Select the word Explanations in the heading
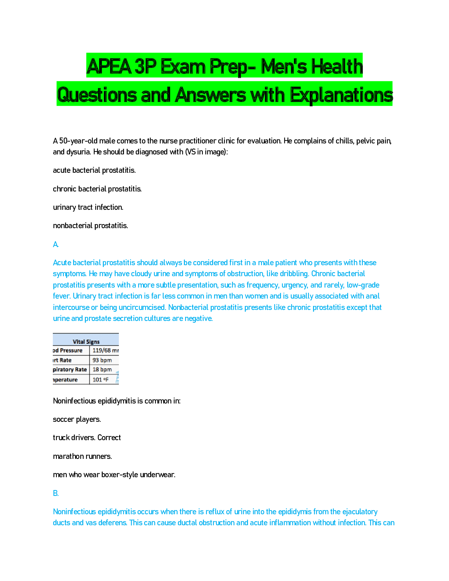(341, 95)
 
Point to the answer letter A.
(56, 244)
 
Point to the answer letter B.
(56, 493)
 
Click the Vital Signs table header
(86, 341)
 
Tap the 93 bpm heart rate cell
(102, 360)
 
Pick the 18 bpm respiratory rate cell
(102, 369)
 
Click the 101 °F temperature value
(101, 379)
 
